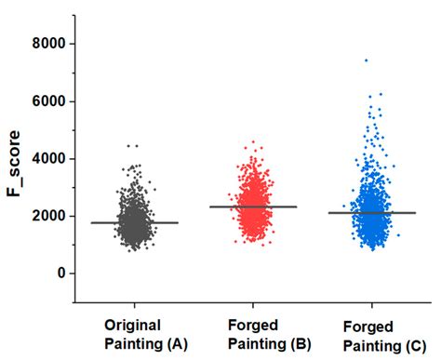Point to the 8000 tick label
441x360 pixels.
[50, 44]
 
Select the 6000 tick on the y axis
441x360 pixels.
[50, 101]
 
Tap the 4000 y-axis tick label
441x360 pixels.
[50, 159]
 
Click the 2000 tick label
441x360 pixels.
[50, 216]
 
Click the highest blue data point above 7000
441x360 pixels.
[366, 60]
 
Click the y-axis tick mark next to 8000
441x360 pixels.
[76, 44]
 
